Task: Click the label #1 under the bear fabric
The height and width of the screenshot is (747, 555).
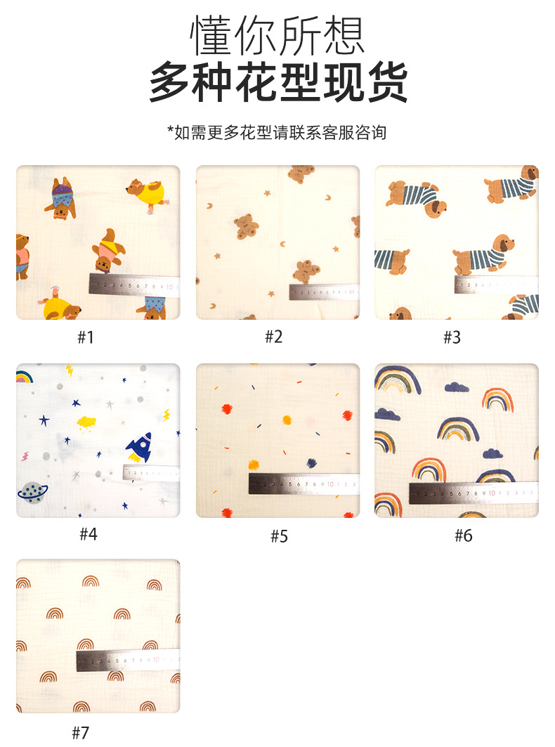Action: (85, 337)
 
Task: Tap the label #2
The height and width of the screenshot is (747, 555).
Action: (273, 337)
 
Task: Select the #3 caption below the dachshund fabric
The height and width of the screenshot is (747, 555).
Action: (452, 337)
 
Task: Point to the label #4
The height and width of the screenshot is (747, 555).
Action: (88, 535)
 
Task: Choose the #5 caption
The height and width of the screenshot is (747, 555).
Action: (279, 536)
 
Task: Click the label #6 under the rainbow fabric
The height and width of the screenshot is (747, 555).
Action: (463, 536)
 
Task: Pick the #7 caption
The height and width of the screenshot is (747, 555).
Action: (81, 733)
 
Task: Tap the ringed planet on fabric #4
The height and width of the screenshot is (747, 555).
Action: (32, 493)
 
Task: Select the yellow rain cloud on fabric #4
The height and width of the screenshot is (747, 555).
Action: (87, 422)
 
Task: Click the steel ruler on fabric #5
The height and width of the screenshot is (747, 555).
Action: (303, 483)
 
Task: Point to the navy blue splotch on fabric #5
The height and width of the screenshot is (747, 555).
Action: (311, 462)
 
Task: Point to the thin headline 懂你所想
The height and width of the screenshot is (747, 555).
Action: (277, 35)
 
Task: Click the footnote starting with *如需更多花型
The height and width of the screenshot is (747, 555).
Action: (277, 132)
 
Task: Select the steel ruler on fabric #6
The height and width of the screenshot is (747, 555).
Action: (473, 493)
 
